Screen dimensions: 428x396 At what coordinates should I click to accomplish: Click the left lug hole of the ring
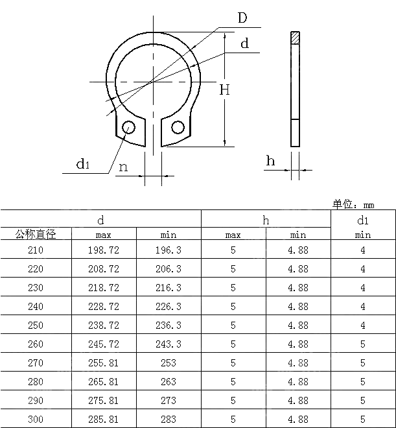pos(128,126)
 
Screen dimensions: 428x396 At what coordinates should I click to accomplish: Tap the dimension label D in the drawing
pos(242,18)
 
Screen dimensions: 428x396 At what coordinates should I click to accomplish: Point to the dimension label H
pos(224,90)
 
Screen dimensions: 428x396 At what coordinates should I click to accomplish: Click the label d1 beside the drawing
pos(82,164)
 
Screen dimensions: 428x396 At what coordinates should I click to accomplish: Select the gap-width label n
pos(122,167)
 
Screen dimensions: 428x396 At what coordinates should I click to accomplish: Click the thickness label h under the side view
pos(270,161)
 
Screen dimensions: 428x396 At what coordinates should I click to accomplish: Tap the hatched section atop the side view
pos(295,38)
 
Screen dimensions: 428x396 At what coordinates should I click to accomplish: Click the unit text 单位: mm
pos(354,204)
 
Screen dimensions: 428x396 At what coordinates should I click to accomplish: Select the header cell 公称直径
pos(36,235)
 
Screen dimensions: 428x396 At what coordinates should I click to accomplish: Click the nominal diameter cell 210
pos(36,250)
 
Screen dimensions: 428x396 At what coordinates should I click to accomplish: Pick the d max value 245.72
pos(103,344)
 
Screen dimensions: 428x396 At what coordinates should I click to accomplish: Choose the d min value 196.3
pos(168,250)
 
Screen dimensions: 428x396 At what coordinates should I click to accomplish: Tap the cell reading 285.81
pos(103,419)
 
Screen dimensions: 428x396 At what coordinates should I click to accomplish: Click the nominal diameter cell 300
pos(36,419)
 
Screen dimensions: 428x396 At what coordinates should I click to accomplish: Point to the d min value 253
pos(168,363)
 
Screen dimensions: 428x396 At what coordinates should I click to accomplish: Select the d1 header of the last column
pos(362,220)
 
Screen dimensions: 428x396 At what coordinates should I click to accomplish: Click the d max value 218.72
pos(103,287)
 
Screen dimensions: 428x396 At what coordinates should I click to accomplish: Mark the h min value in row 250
pos(298,325)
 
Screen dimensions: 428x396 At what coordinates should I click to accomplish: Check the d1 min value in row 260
pos(362,344)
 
